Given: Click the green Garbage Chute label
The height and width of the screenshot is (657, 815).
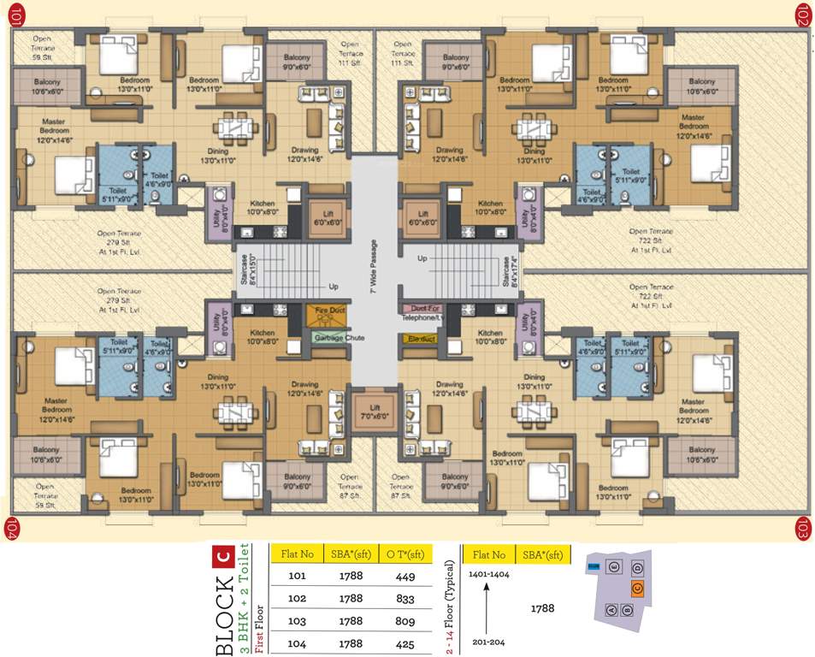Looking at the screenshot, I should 338,338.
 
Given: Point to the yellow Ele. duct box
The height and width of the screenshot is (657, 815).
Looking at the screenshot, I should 418,338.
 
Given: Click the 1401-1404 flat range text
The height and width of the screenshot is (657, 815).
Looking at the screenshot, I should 490,575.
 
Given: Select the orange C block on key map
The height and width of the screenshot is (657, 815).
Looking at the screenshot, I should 637,588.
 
